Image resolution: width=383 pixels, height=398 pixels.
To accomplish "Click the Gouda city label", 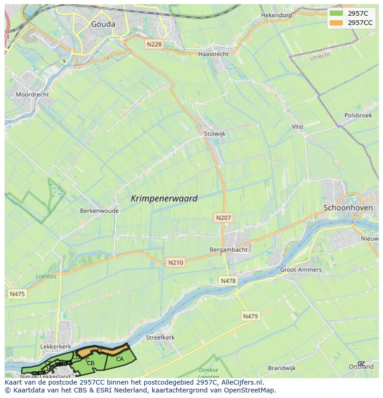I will pos(103,24).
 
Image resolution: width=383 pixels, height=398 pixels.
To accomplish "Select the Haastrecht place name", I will pos(213,54).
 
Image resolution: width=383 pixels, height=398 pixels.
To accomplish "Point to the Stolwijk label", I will pos(214,134).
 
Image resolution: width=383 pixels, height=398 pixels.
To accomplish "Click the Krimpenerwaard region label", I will pos(164,198).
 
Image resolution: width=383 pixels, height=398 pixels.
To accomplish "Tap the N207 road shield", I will pos(223,217).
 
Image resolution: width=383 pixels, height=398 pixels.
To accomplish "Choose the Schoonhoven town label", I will pos(348,208).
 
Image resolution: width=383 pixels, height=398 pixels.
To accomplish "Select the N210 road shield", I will pos(175,262).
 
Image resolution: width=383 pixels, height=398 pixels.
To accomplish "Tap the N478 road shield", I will pos(228,281).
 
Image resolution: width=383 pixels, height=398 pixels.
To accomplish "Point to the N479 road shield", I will pos(251,316).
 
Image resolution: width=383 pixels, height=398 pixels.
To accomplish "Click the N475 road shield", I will pos(17,294).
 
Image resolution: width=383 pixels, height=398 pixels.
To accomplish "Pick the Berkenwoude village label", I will pos(99,210).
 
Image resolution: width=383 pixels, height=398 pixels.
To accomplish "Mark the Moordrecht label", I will pos(32,94).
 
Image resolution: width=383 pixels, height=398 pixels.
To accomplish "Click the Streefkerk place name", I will pos(160,337).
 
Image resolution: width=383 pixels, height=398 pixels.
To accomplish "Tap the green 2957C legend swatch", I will pos(336,13).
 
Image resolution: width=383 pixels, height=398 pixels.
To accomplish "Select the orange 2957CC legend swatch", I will pos(336,23).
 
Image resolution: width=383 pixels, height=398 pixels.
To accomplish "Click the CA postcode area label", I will pos(120,359).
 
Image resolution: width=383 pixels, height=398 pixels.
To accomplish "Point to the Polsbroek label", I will pos(358,115).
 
